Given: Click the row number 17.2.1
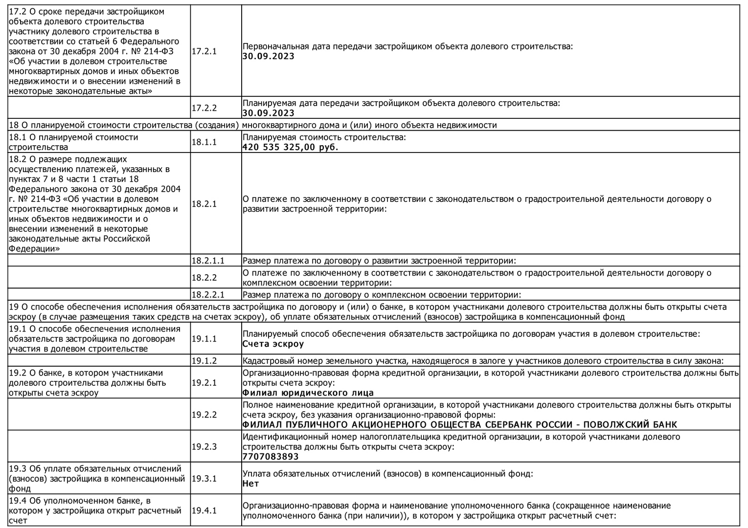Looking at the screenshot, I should tap(204, 51).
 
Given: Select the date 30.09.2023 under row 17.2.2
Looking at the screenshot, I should tap(268, 113).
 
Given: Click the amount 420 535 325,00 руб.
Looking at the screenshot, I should tap(290, 147).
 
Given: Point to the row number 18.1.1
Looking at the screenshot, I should tap(204, 142).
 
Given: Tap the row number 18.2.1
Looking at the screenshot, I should tap(204, 204).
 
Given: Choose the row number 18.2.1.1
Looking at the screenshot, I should tap(208, 261).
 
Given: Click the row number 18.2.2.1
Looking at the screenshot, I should tap(208, 295).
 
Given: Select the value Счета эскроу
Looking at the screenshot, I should tap(273, 344).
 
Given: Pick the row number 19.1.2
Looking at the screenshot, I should tap(204, 361).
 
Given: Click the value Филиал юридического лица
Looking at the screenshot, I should tap(308, 393).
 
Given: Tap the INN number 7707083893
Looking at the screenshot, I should tap(271, 457).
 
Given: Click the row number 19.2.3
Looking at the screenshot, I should tap(204, 446).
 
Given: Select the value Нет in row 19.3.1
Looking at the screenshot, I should tap(250, 484).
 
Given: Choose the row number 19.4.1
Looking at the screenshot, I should tap(204, 510).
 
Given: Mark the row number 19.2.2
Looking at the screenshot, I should tap(204, 415).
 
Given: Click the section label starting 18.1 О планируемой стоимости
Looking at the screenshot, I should tap(73, 142).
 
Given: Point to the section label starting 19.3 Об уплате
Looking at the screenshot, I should tap(97, 478).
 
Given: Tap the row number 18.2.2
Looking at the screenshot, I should tap(204, 278).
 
